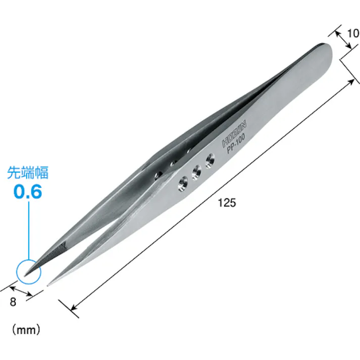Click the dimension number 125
(x=227, y=203)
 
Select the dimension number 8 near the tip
(x=14, y=302)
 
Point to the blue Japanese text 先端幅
(x=27, y=173)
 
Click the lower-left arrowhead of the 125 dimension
(x=74, y=308)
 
